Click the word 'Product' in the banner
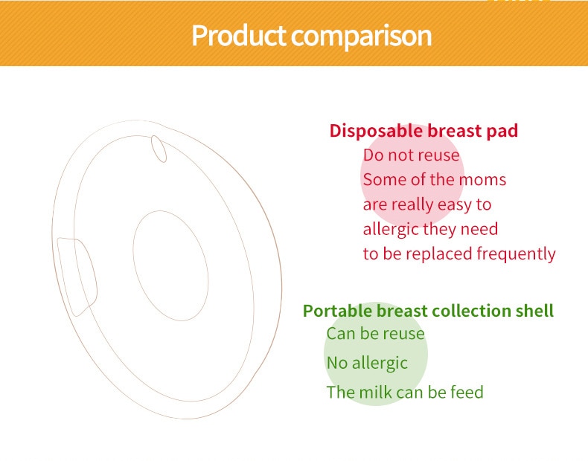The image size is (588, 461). point(238,36)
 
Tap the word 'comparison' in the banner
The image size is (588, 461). point(362,37)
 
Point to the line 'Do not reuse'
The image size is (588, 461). point(411,155)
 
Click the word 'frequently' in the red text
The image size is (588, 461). point(516,254)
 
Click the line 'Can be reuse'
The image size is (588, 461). point(375,334)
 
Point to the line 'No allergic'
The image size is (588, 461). point(367,364)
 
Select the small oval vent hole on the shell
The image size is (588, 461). point(159,149)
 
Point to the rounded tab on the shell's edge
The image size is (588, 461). point(77,277)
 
